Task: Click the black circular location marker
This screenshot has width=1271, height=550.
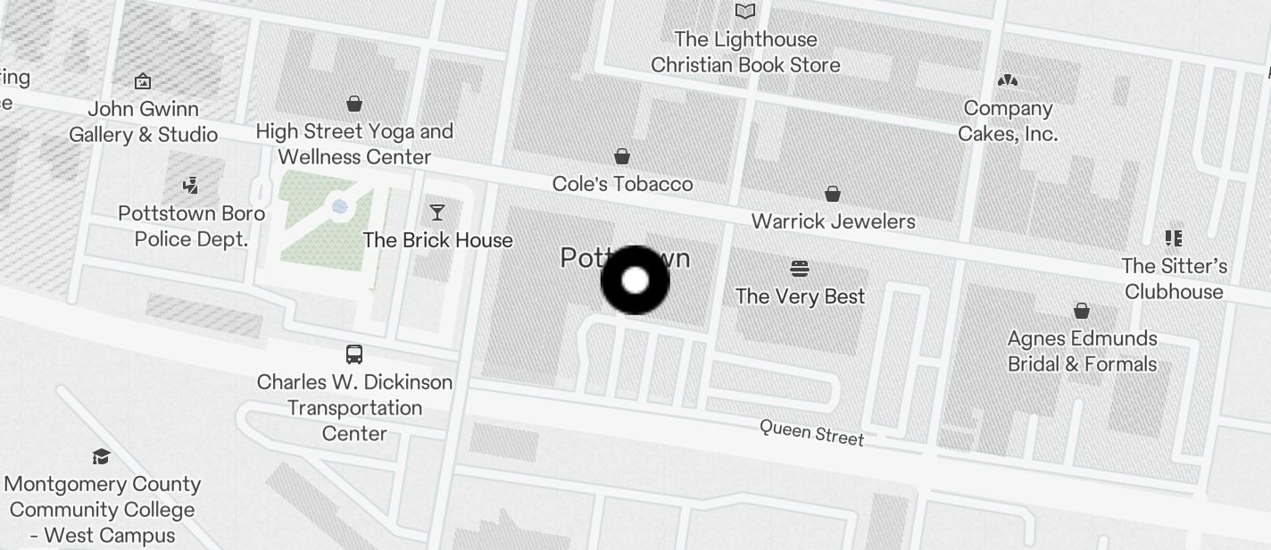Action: click(635, 280)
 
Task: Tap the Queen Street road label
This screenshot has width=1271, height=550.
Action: click(811, 432)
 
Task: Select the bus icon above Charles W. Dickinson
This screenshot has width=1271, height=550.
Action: click(354, 354)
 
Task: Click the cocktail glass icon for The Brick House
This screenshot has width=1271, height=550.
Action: click(436, 212)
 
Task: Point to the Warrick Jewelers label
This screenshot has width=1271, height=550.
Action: click(833, 221)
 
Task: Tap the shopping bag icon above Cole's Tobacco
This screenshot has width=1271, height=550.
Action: click(622, 157)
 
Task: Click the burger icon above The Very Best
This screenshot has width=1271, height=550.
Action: click(800, 269)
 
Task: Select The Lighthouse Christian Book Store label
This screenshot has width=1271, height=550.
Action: click(745, 52)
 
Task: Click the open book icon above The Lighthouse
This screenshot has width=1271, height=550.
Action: click(745, 12)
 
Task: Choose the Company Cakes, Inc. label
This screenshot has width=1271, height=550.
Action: click(1008, 121)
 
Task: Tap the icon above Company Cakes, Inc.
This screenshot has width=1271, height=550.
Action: click(1008, 81)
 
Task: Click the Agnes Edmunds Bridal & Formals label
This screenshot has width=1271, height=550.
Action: click(1082, 351)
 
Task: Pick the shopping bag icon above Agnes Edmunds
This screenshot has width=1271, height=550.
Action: click(1082, 311)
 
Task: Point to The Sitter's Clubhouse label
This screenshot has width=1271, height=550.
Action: click(1174, 279)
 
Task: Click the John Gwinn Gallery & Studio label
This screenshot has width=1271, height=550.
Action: click(143, 121)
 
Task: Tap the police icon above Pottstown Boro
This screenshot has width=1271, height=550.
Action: click(189, 186)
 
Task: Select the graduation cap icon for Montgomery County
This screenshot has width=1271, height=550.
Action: click(101, 457)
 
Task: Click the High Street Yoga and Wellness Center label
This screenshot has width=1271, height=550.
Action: click(354, 144)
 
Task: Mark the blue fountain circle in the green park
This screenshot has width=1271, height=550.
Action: click(339, 206)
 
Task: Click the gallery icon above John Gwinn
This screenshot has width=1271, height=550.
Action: click(142, 82)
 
